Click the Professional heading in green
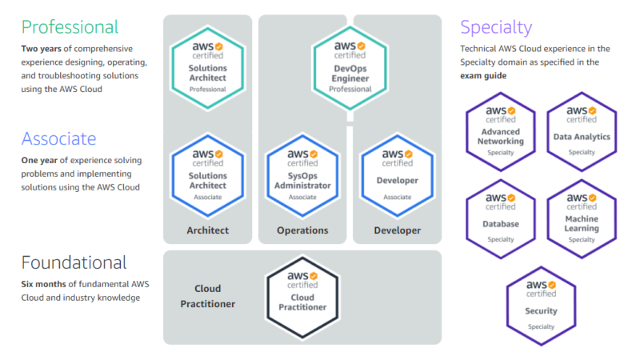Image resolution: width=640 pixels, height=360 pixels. (x=70, y=27)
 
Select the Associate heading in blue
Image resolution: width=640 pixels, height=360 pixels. (x=58, y=138)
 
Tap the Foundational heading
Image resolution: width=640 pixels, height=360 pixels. (x=74, y=262)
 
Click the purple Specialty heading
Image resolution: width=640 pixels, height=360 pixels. (x=496, y=28)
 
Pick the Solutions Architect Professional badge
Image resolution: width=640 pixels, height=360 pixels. (x=208, y=68)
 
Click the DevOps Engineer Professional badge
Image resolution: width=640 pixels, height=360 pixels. (x=350, y=68)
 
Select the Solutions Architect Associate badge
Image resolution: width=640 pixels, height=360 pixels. (x=208, y=175)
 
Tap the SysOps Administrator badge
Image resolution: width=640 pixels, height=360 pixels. (x=302, y=175)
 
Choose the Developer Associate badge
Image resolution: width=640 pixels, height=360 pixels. (x=397, y=175)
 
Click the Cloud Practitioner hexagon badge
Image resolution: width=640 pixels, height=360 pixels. (x=302, y=298)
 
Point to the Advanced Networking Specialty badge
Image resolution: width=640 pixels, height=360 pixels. (x=501, y=132)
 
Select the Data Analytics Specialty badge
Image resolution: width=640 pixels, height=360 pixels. (x=582, y=132)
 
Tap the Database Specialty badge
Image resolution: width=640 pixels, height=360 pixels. (x=501, y=219)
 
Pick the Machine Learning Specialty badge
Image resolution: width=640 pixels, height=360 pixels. (x=582, y=219)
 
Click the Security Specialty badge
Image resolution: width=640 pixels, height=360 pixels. (x=542, y=306)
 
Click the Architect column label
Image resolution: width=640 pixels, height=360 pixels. (x=208, y=230)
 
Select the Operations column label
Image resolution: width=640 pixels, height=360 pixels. (x=302, y=230)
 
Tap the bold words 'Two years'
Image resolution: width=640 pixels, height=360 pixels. (x=42, y=49)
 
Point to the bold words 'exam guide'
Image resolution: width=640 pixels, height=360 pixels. (x=483, y=76)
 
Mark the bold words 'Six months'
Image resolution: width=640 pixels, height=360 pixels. (x=44, y=284)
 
